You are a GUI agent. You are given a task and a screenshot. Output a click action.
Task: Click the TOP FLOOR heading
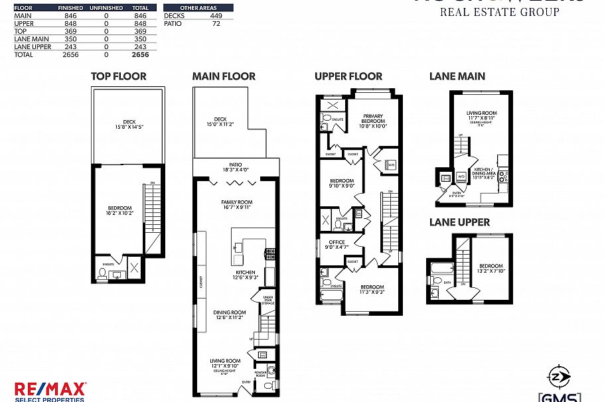[x=118, y=76]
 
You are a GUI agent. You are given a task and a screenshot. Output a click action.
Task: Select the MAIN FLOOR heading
[x=224, y=76]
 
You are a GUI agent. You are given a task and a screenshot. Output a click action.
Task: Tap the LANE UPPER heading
[x=459, y=222]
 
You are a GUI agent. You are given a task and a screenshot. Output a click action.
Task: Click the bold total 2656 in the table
[x=140, y=55]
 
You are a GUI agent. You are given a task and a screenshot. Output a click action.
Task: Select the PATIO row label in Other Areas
[x=173, y=23]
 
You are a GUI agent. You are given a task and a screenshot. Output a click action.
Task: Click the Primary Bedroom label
[x=373, y=119]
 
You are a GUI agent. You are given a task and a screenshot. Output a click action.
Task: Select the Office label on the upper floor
[x=333, y=242]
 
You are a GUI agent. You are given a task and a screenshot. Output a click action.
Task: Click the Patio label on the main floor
[x=236, y=165]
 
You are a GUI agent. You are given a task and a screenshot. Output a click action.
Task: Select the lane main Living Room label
[x=481, y=113]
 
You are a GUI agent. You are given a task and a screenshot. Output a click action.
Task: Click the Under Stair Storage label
[x=268, y=301]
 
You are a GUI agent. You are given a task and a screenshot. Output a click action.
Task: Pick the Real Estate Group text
[x=500, y=11]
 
